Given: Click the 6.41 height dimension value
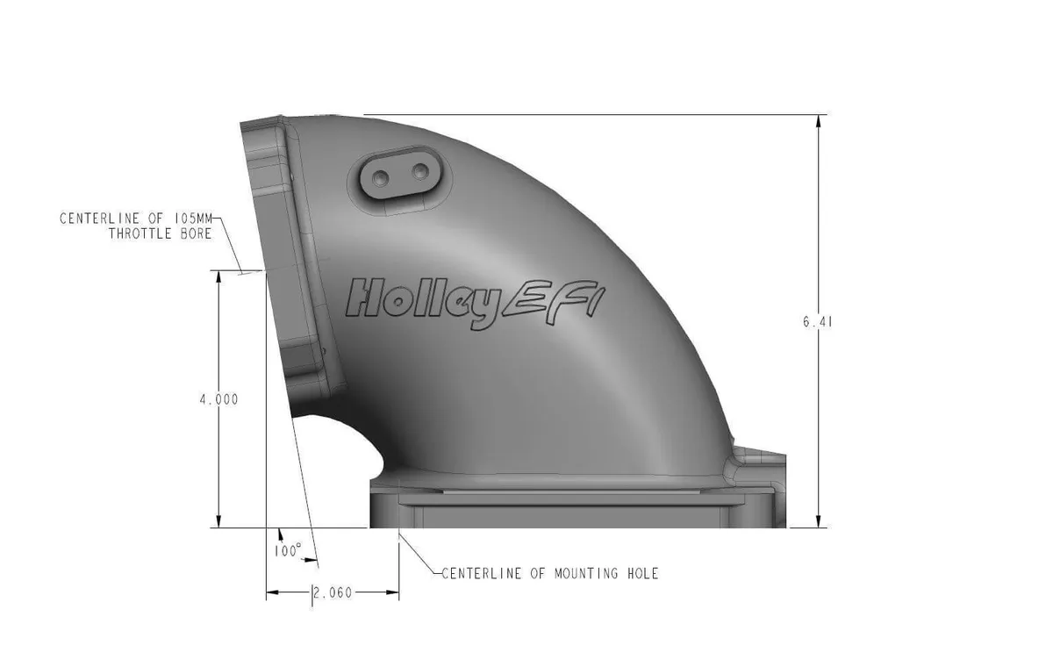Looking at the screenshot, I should click(816, 322).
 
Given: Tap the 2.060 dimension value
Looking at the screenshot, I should click(333, 593).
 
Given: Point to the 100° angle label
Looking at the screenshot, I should click(287, 551).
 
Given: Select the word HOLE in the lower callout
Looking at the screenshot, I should click(639, 574).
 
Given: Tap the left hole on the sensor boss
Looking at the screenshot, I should click(380, 177).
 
